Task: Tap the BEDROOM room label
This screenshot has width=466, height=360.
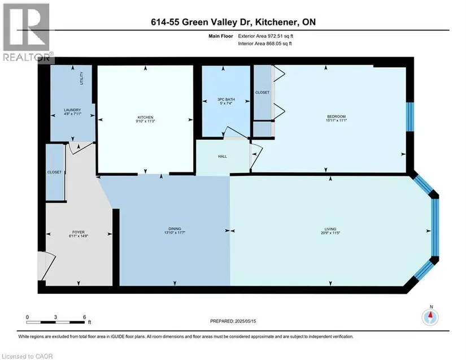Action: [x=337, y=116]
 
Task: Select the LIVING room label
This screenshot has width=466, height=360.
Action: [x=330, y=229]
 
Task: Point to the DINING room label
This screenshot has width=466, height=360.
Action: [x=175, y=229]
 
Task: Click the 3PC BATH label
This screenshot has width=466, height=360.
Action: [x=226, y=99]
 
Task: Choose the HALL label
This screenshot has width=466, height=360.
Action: [x=223, y=157]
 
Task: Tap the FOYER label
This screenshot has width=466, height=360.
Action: [x=79, y=232]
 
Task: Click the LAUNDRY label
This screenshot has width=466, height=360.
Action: [x=72, y=110]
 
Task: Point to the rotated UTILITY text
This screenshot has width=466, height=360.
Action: [x=82, y=78]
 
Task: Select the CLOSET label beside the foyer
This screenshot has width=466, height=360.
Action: [x=54, y=172]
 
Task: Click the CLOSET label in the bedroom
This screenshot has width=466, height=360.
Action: [x=263, y=93]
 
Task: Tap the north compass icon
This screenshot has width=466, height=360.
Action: [x=430, y=317]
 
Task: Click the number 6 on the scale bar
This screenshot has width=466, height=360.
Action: [x=85, y=317]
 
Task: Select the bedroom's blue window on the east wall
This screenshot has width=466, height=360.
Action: [x=410, y=117]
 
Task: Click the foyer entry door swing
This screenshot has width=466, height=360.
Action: [x=47, y=266]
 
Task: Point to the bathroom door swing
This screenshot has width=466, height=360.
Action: [x=236, y=133]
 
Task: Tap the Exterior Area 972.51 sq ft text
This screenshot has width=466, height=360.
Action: [x=265, y=36]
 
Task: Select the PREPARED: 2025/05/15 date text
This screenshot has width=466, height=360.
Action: [x=233, y=321]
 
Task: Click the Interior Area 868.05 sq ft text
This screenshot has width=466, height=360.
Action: [x=265, y=44]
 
